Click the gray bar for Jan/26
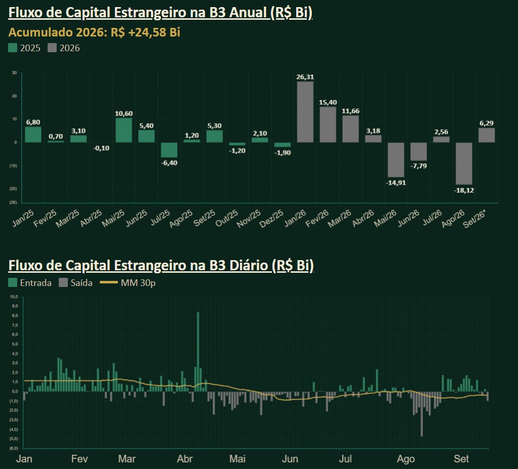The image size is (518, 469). click(305, 112)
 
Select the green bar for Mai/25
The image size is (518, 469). click(124, 130)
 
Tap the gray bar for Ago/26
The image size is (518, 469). click(464, 163)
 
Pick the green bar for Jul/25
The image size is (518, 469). click(169, 150)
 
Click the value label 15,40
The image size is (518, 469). click(328, 102)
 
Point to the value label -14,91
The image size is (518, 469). click(396, 183)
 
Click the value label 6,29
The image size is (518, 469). click(486, 123)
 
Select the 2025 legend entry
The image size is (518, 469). click(24, 48)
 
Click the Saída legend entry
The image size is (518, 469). click(75, 283)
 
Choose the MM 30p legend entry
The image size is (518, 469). click(128, 283)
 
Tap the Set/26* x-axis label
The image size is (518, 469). click(474, 219)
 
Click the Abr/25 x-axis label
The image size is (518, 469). click(91, 218)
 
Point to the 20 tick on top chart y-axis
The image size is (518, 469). click(14, 96)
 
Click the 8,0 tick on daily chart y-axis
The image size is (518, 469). click(14, 315)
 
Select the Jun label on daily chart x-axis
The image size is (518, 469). click(290, 459)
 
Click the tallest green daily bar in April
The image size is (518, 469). click(198, 352)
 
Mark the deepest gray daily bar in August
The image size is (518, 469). click(421, 414)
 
